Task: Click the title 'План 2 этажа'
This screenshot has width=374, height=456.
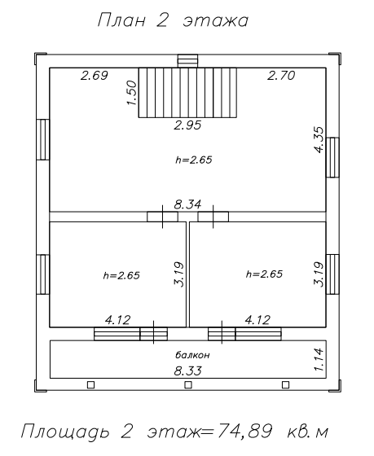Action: tap(173, 20)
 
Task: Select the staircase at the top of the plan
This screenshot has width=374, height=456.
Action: tap(187, 93)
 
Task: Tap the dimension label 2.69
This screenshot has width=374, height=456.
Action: tap(95, 76)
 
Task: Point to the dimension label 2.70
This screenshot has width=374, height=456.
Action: tap(281, 75)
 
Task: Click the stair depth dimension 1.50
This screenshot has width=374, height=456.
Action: tap(131, 93)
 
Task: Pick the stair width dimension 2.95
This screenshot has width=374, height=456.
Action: tap(187, 125)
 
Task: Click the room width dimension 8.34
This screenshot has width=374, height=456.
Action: tap(187, 204)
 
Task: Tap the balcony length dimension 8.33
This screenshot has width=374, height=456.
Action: tap(188, 370)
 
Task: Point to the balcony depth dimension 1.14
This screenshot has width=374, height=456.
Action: tap(319, 359)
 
